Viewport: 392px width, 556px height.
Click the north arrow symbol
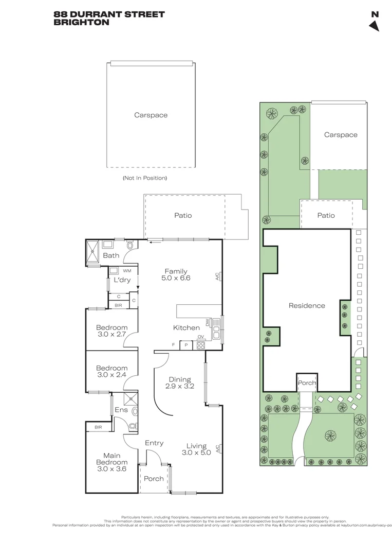(375, 26)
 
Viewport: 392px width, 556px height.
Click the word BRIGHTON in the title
(81, 22)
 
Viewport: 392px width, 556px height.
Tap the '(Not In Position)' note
(144, 178)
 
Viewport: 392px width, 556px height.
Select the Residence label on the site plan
(307, 305)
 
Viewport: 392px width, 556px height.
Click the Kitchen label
(186, 327)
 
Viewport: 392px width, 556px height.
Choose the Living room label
(196, 446)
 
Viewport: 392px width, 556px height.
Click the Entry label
(154, 443)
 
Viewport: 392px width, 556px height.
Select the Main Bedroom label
(112, 459)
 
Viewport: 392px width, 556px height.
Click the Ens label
(121, 410)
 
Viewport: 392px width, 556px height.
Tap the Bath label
(111, 255)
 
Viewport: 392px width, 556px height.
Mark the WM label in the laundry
(127, 270)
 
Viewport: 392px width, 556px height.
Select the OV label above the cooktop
(201, 337)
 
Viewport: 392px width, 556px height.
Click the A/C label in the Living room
(218, 449)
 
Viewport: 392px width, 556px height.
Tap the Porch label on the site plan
(307, 383)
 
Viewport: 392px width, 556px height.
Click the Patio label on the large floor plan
(183, 215)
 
